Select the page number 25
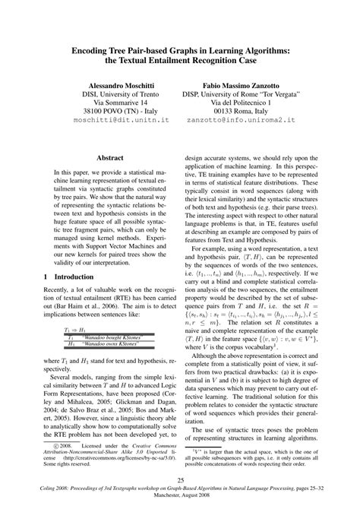click(180, 480)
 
